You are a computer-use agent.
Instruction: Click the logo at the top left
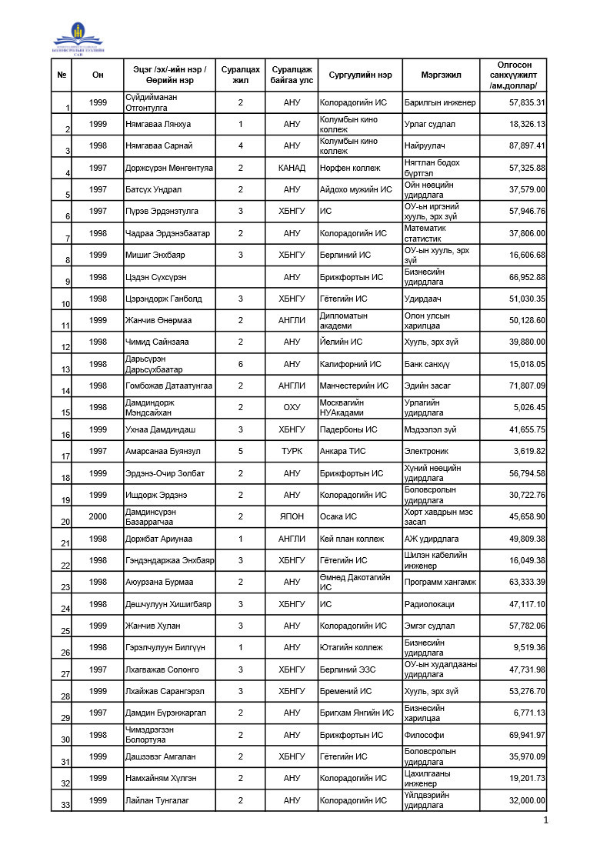(x=77, y=38)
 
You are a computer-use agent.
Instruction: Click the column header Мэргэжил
(x=441, y=75)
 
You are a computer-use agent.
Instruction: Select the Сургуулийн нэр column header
(x=360, y=75)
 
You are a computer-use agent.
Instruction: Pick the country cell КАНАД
(x=292, y=168)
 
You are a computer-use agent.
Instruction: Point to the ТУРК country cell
(x=292, y=451)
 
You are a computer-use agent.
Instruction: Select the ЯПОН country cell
(x=292, y=516)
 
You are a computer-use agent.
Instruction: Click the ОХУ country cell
(x=292, y=407)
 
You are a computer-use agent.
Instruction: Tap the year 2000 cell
(x=98, y=516)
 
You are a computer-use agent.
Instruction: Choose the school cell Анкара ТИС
(x=345, y=451)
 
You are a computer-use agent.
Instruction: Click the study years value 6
(x=241, y=364)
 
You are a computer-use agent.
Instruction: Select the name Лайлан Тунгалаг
(x=157, y=800)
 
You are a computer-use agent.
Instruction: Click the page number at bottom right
(x=545, y=821)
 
